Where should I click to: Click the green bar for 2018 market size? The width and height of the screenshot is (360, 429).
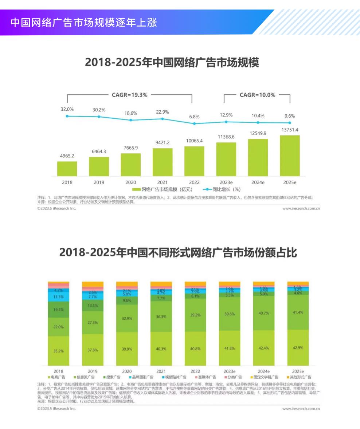(x=67, y=169)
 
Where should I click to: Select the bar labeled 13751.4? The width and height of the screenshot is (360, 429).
(x=290, y=156)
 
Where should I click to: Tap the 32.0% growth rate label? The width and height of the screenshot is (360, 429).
(x=67, y=109)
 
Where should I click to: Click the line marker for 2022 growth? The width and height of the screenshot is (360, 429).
(x=194, y=123)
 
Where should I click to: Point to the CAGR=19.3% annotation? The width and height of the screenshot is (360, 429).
(x=129, y=95)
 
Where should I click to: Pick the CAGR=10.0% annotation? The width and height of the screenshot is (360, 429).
(x=257, y=95)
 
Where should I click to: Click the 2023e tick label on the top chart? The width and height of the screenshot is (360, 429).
(x=226, y=182)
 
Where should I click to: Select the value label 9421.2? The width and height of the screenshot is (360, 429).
(x=163, y=142)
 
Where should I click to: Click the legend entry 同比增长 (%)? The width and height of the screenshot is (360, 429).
(x=223, y=189)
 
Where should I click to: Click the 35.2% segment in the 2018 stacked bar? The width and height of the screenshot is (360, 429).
(x=58, y=351)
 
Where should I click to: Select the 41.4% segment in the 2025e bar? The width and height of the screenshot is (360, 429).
(x=298, y=312)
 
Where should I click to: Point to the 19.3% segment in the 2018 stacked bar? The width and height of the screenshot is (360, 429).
(x=58, y=309)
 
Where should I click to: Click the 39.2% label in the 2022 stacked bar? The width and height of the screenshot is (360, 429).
(x=195, y=315)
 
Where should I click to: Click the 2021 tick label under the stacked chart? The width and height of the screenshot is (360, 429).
(x=161, y=371)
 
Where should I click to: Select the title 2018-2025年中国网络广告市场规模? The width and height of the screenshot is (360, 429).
(x=172, y=63)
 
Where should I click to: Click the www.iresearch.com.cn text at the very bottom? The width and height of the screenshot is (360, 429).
(x=301, y=409)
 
